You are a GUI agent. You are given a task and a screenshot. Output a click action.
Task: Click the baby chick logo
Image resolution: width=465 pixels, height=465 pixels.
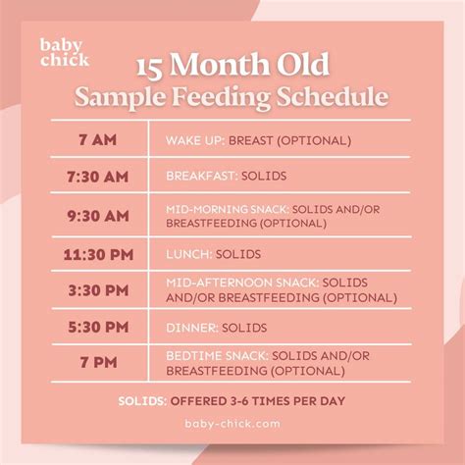[x=65, y=52]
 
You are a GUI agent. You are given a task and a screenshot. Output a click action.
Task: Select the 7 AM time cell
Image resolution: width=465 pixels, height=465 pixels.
[x=97, y=139]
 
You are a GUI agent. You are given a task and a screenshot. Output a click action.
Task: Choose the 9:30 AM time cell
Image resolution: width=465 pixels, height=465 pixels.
[x=97, y=215]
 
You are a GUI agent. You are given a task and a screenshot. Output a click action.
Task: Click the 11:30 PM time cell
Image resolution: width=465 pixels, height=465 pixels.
[x=97, y=254]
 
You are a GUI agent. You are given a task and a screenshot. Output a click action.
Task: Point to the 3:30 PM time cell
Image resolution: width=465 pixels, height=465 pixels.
[x=97, y=290]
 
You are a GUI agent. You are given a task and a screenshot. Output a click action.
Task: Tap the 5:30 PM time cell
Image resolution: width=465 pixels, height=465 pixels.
[x=97, y=328]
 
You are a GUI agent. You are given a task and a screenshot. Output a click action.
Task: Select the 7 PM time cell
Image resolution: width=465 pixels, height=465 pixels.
[x=97, y=363]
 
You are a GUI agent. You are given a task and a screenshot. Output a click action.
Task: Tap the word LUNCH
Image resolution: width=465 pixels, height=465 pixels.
[x=187, y=254]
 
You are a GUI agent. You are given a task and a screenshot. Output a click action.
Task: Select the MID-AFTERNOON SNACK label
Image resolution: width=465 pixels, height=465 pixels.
[x=240, y=283]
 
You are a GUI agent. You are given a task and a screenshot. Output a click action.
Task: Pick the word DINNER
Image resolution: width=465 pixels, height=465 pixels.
[x=190, y=328]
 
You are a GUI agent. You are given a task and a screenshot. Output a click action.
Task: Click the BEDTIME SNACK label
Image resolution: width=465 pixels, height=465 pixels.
[x=215, y=355]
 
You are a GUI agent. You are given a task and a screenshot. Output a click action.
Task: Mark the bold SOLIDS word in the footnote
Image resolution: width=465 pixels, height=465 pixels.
[x=141, y=401]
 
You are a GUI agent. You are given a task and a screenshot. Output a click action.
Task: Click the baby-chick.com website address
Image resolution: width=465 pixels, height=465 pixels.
[x=232, y=425]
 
